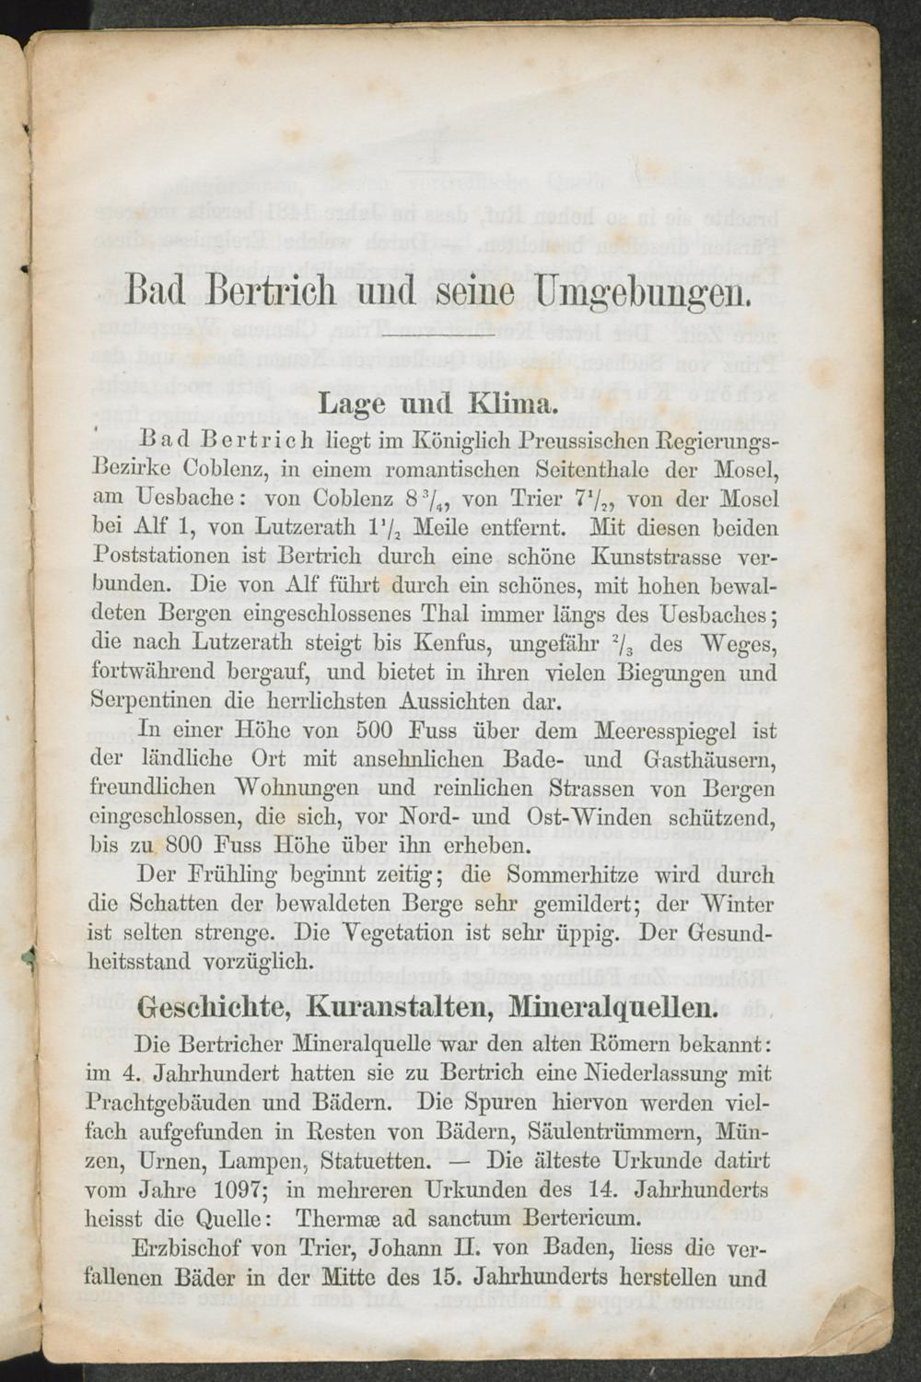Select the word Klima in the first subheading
[x=512, y=403]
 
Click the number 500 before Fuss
[x=374, y=731]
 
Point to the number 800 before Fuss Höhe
[x=185, y=845]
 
